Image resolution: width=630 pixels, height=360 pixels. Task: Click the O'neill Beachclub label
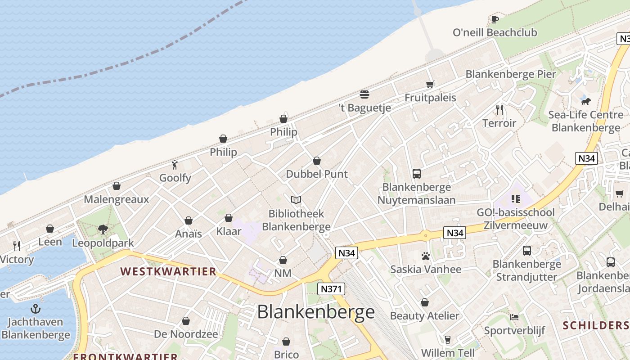495,32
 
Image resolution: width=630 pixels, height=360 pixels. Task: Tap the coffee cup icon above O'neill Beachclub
495,19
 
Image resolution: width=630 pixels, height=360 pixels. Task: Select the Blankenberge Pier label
511,74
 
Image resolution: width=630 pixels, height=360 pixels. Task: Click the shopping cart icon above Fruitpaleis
430,84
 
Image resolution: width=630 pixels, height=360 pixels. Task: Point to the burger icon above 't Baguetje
364,94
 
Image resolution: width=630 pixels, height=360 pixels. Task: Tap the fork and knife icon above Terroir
499,109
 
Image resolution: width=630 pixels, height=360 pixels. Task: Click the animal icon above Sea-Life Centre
585,101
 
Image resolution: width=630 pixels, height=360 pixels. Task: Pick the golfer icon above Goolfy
175,165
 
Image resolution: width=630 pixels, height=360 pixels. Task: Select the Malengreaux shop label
116,199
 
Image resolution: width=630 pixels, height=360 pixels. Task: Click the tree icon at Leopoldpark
103,229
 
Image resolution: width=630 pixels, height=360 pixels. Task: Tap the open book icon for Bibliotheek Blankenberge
296,200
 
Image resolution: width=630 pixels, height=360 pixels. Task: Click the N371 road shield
331,289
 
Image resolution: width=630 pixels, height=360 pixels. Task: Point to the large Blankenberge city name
315,312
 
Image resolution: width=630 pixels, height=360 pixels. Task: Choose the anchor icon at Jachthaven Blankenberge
36,309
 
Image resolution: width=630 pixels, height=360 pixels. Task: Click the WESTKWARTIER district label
168,271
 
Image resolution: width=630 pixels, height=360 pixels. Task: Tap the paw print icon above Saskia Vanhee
426,256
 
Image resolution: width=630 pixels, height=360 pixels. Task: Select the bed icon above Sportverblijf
514,317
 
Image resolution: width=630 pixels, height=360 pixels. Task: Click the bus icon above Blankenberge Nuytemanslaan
417,174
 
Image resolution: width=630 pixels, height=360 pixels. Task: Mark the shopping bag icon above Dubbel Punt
317,161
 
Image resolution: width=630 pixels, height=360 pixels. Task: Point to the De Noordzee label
186,334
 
